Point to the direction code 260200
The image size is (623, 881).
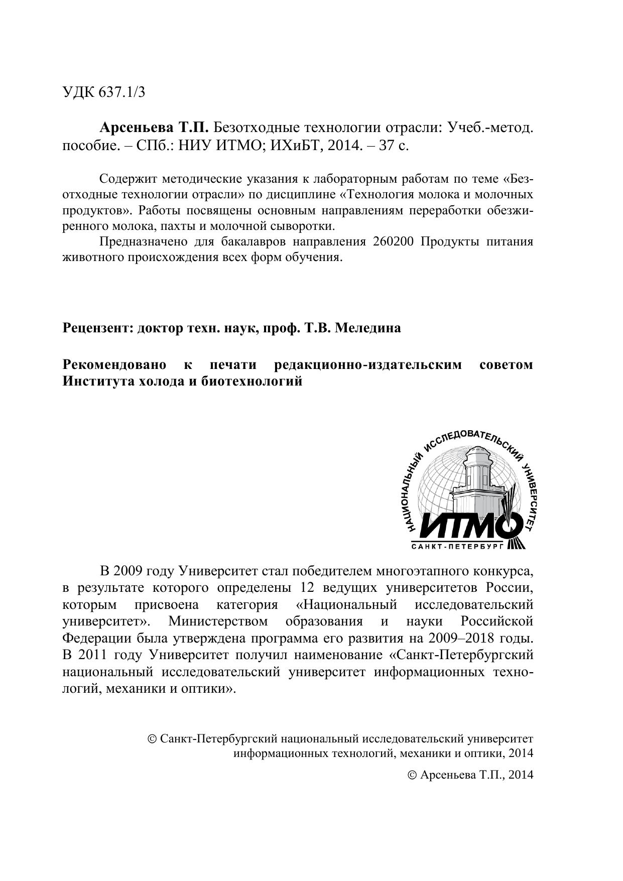(x=393, y=241)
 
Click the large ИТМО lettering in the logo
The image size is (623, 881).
(x=462, y=526)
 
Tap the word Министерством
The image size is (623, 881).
(x=218, y=621)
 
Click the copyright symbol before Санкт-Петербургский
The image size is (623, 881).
(x=152, y=739)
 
